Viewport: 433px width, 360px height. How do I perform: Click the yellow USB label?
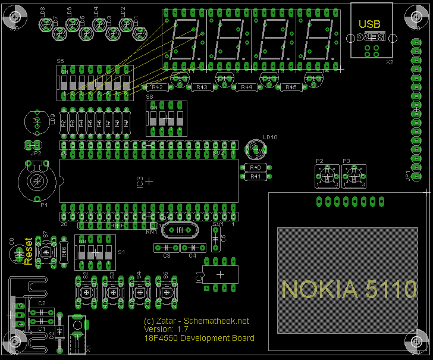tap(369, 24)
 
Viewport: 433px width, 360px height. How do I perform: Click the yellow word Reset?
tap(27, 251)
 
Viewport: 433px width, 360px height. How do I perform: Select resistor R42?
tap(158, 87)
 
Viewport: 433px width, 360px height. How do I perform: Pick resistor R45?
tap(290, 87)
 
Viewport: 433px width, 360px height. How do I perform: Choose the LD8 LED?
tap(45, 24)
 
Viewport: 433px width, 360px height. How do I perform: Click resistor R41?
tap(256, 176)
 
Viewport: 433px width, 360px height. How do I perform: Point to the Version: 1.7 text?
tap(166, 329)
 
